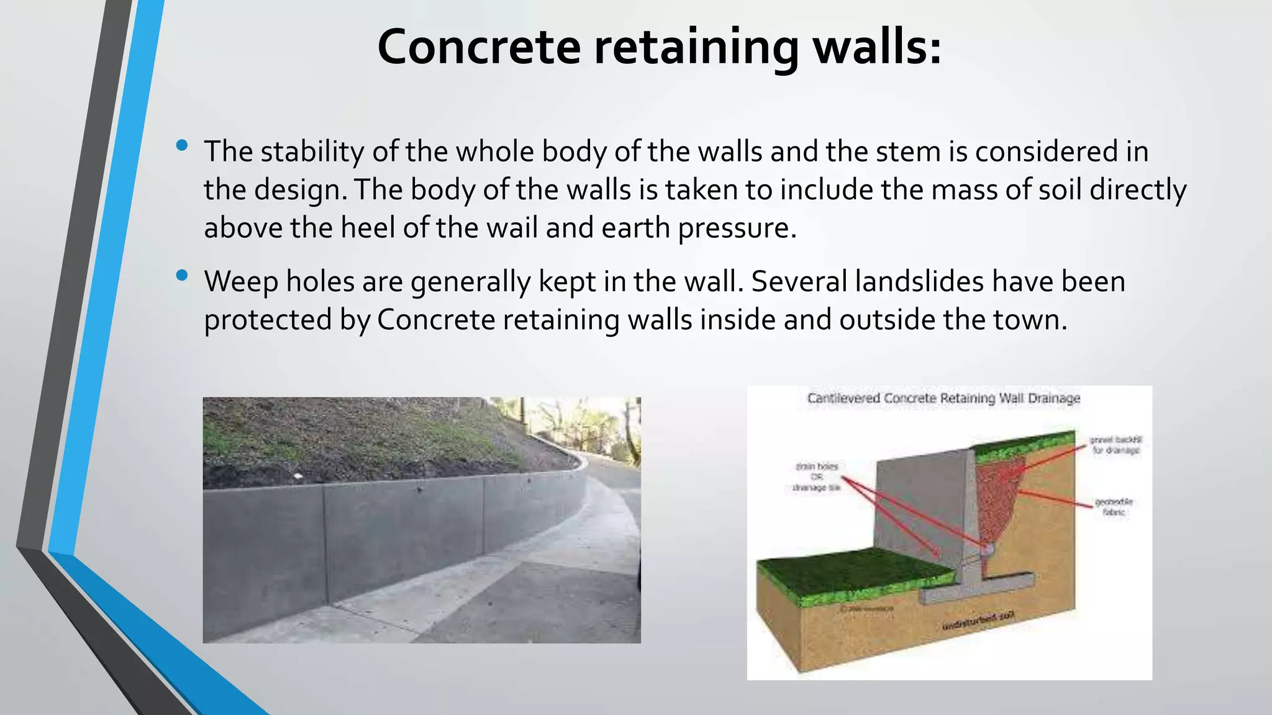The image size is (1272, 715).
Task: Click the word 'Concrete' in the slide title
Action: click(x=478, y=47)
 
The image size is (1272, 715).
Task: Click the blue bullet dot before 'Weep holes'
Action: click(x=181, y=275)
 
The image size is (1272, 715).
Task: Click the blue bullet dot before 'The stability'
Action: click(x=181, y=145)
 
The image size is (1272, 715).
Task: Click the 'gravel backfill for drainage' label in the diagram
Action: click(x=1115, y=445)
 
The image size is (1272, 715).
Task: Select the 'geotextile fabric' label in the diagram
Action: click(x=1114, y=507)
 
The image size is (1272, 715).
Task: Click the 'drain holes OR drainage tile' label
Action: click(x=816, y=477)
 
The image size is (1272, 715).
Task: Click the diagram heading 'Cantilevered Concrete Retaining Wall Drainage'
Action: click(x=943, y=398)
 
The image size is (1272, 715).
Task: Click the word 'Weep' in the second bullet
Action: click(x=241, y=282)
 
